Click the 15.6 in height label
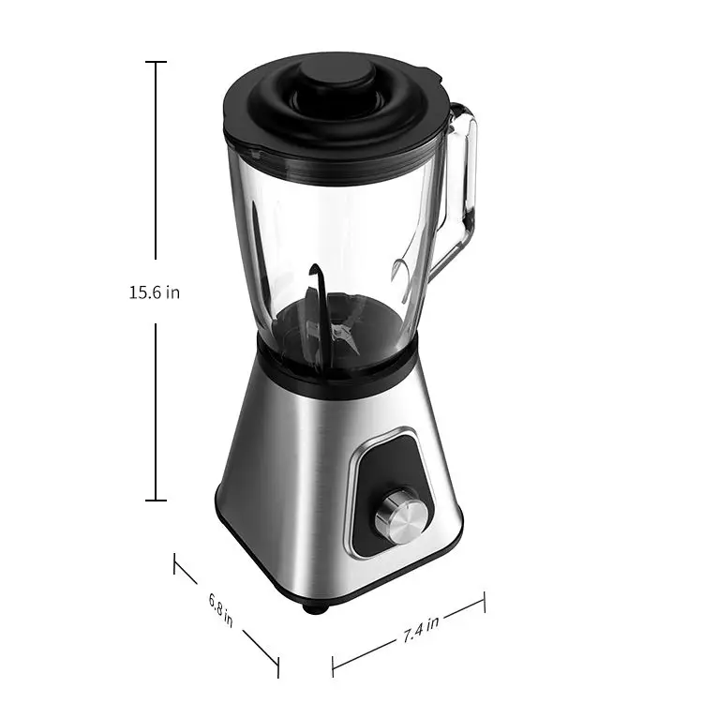pos(155,292)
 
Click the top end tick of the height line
pos(156,62)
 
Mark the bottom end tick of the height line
pos(156,501)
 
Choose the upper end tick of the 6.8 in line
pos(174,564)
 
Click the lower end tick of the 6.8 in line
pos(278,666)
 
